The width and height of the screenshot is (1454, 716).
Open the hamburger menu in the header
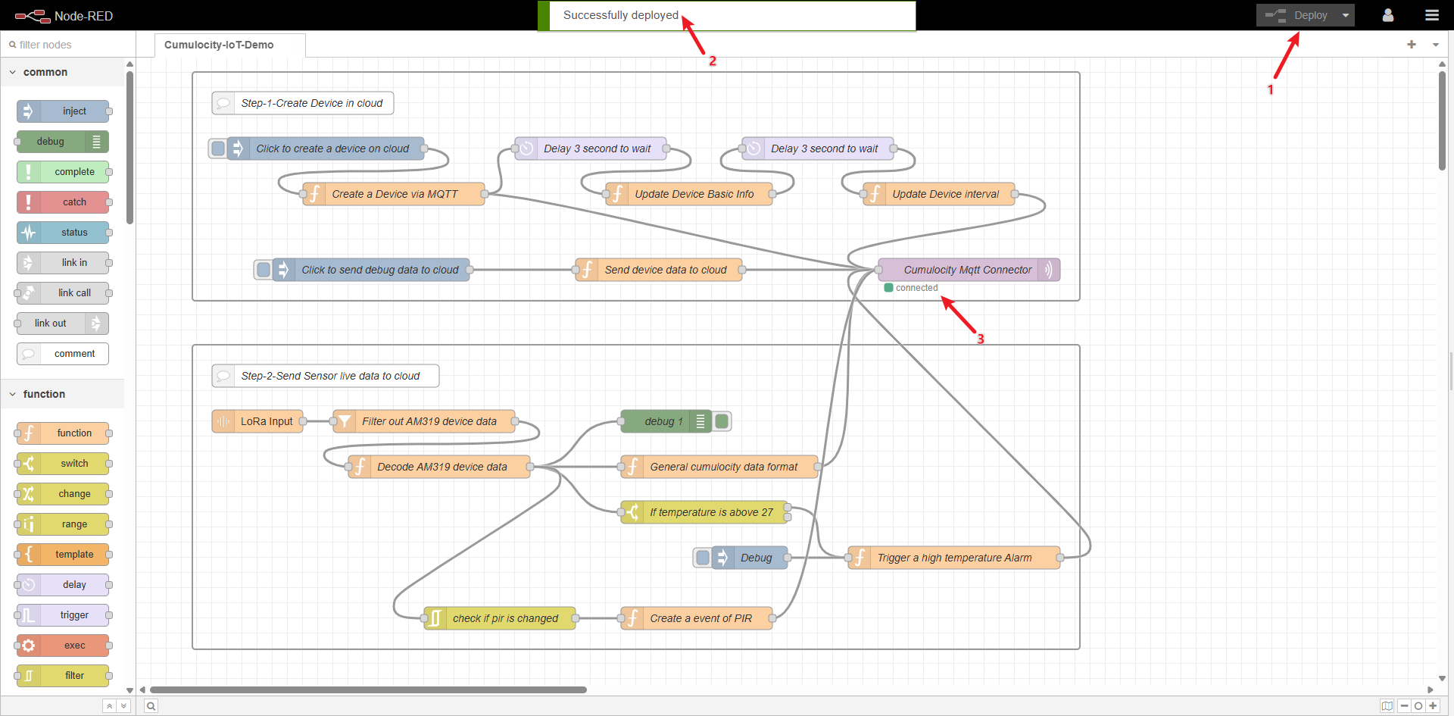[x=1431, y=15]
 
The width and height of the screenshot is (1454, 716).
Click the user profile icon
[x=1387, y=15]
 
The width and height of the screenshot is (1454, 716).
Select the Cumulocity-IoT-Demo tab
[x=219, y=45]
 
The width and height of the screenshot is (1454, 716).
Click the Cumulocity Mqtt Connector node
[x=967, y=270]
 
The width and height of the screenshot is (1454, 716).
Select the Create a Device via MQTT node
[x=395, y=194]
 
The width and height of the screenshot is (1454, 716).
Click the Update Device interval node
[x=945, y=194]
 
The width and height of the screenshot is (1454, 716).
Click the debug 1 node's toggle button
[x=722, y=421]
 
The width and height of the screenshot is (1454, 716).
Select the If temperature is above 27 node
[x=711, y=512]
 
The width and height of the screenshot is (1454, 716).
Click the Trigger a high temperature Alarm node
[x=954, y=558]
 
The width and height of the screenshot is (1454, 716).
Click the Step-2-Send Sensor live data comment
[x=329, y=376]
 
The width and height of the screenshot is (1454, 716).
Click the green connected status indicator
[x=888, y=288]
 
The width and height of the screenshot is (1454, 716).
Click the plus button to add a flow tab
[x=1411, y=45]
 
